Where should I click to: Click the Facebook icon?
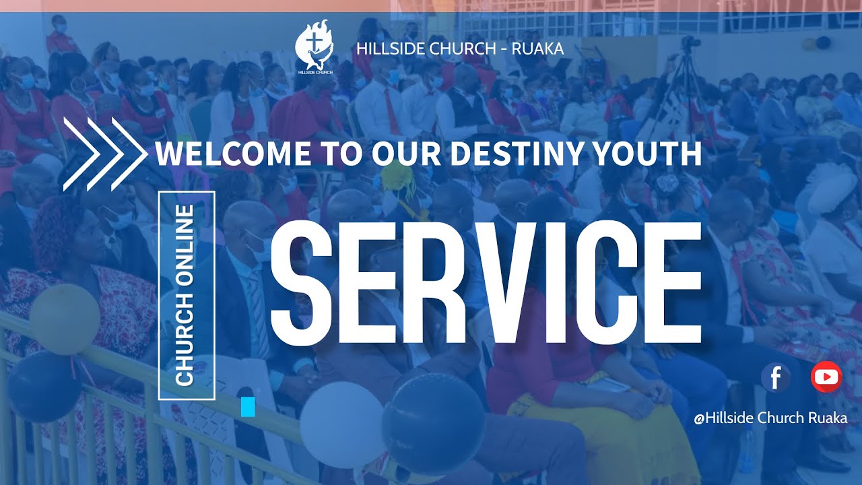775,377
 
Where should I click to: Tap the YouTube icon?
826,377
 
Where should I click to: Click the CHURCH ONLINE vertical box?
186,296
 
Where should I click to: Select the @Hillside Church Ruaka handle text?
770,418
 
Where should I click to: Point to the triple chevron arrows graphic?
104,154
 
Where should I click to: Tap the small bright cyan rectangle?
248,407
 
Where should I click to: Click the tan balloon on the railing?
65,319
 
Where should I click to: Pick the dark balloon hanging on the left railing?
44,387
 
